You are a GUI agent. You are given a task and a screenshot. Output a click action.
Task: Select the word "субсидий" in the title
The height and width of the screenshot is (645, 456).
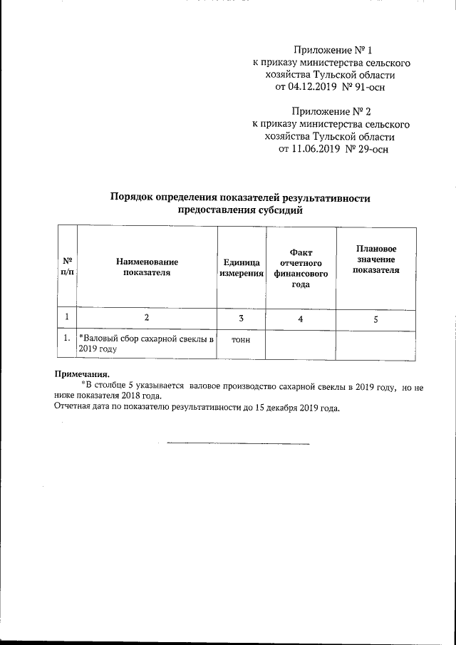280,210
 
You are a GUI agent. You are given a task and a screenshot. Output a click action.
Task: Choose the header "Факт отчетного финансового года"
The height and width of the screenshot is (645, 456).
301,267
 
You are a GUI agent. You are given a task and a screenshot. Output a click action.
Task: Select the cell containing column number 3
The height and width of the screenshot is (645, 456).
242,318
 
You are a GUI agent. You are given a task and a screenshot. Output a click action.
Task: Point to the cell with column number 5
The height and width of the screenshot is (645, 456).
375,319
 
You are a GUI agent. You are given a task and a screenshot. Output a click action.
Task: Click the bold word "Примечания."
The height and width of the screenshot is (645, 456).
83,373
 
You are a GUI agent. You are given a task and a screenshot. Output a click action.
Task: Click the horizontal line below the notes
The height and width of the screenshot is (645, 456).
238,444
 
